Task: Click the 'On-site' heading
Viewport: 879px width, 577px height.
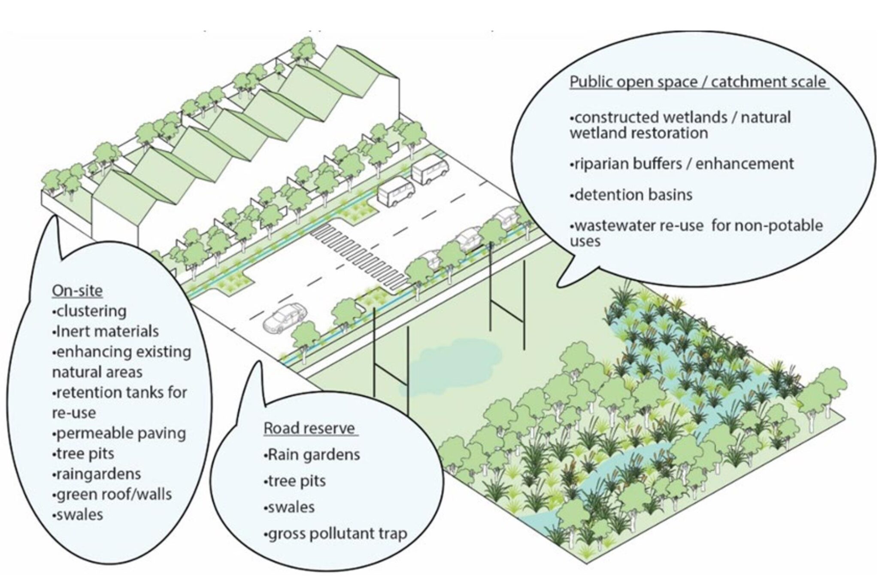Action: click(77, 291)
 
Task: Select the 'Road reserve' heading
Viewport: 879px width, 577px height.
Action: click(309, 428)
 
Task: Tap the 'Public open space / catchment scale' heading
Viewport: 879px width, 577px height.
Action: click(698, 82)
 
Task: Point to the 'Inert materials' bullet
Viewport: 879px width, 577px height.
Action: click(105, 331)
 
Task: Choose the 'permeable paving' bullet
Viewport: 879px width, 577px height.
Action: click(119, 433)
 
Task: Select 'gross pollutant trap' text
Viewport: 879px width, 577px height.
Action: click(335, 534)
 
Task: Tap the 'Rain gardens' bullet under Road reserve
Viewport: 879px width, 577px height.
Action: click(312, 454)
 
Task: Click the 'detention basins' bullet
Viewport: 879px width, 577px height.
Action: click(631, 194)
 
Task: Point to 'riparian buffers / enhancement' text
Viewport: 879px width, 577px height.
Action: click(682, 164)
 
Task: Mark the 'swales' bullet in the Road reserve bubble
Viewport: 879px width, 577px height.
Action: click(289, 507)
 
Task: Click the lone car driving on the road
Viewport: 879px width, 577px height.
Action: click(284, 317)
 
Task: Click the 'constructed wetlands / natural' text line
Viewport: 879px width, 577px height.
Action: click(680, 117)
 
